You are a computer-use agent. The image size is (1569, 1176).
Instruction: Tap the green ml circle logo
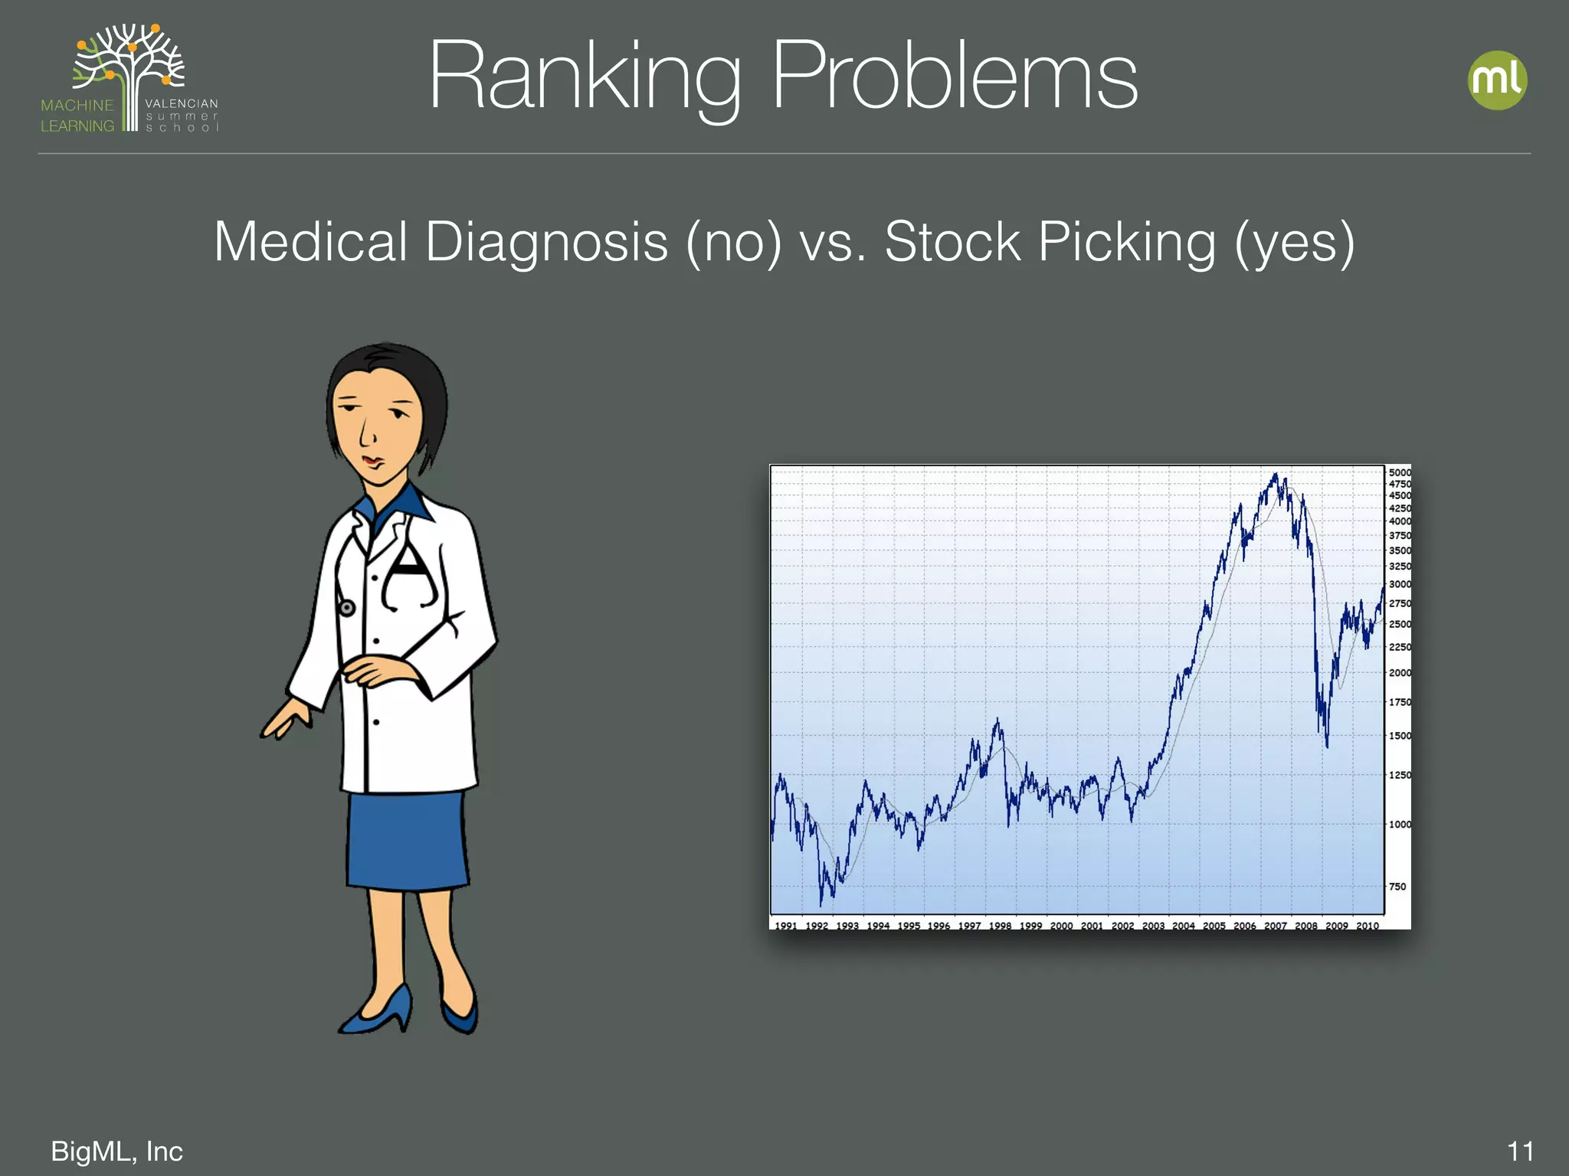tap(1497, 80)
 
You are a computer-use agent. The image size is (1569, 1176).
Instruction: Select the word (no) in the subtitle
tap(733, 243)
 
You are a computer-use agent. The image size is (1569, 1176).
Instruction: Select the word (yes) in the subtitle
tap(1295, 243)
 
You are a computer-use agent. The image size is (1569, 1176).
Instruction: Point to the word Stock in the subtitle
tap(952, 243)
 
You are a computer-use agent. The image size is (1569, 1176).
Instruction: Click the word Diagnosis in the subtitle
tap(546, 243)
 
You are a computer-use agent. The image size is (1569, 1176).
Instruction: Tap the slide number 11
tap(1520, 1151)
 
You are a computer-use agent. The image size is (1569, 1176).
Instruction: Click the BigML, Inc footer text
tap(116, 1151)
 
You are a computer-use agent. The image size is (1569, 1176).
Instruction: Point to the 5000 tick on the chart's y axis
tap(1399, 472)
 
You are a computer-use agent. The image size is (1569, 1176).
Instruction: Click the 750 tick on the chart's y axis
tap(1397, 887)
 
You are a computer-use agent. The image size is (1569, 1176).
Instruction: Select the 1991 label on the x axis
tap(786, 926)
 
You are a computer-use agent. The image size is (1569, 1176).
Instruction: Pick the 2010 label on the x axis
tap(1368, 926)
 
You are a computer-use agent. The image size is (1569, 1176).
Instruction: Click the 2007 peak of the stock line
tap(1276, 476)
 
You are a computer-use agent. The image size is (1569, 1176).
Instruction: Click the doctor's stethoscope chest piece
tap(347, 609)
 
